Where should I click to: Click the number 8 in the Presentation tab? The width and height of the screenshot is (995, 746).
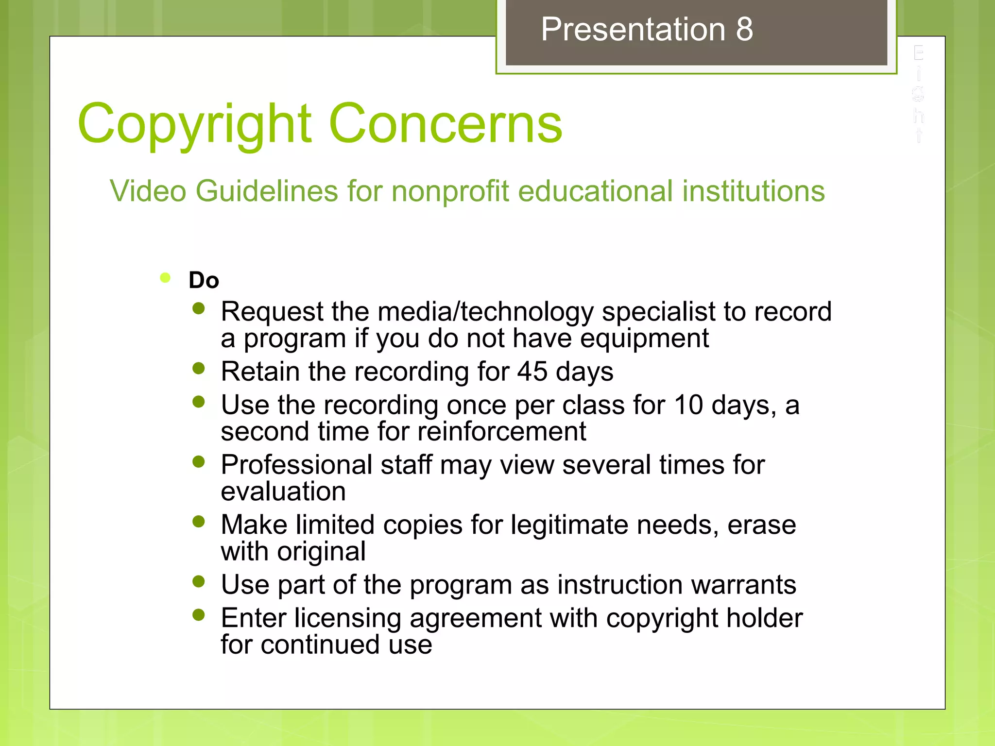pyautogui.click(x=744, y=29)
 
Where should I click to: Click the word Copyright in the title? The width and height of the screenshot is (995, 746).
pyautogui.click(x=194, y=124)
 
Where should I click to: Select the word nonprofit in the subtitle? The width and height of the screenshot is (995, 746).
pyautogui.click(x=450, y=191)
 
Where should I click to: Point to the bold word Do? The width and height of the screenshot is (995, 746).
pyautogui.click(x=204, y=280)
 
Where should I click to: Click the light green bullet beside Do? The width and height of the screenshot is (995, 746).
pyautogui.click(x=165, y=277)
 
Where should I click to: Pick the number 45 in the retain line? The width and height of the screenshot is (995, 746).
pyautogui.click(x=532, y=372)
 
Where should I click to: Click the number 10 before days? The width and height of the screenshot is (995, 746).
pyautogui.click(x=688, y=405)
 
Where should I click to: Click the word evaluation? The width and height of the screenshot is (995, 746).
pyautogui.click(x=283, y=492)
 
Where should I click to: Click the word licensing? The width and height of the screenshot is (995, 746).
pyautogui.click(x=347, y=618)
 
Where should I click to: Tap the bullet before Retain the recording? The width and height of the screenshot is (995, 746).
pyautogui.click(x=198, y=368)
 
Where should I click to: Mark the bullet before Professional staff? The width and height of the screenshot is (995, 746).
pyautogui.click(x=198, y=461)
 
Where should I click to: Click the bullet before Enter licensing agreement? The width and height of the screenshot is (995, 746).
pyautogui.click(x=198, y=615)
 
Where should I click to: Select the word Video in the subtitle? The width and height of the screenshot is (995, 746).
pyautogui.click(x=148, y=191)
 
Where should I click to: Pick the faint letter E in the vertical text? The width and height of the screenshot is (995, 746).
pyautogui.click(x=918, y=53)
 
